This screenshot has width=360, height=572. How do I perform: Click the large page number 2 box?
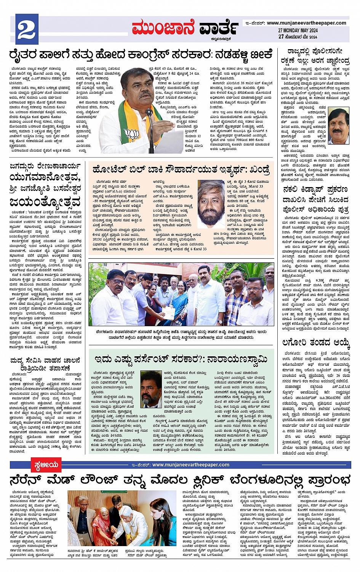pyautogui.click(x=26, y=29)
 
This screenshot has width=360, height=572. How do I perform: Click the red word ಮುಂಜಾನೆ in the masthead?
pyautogui.click(x=163, y=28)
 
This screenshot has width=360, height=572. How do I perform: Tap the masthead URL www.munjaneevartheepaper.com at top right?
pyautogui.click(x=306, y=23)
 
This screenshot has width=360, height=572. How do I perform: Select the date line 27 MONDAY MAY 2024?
pyautogui.click(x=298, y=30)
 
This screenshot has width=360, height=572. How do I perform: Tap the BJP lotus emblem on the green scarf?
pyautogui.click(x=132, y=134)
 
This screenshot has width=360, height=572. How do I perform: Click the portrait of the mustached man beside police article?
pyautogui.click(x=338, y=126)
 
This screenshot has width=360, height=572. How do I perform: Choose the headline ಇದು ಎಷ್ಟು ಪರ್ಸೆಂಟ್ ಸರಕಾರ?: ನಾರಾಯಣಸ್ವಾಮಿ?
pyautogui.click(x=181, y=359)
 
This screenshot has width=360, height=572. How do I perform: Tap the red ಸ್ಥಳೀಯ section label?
pyautogui.click(x=45, y=465)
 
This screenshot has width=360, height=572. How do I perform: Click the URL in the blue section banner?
pyautogui.click(x=190, y=465)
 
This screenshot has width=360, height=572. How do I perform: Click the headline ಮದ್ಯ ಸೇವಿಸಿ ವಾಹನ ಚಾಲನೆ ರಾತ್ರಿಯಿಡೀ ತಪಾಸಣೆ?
pyautogui.click(x=45, y=364)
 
